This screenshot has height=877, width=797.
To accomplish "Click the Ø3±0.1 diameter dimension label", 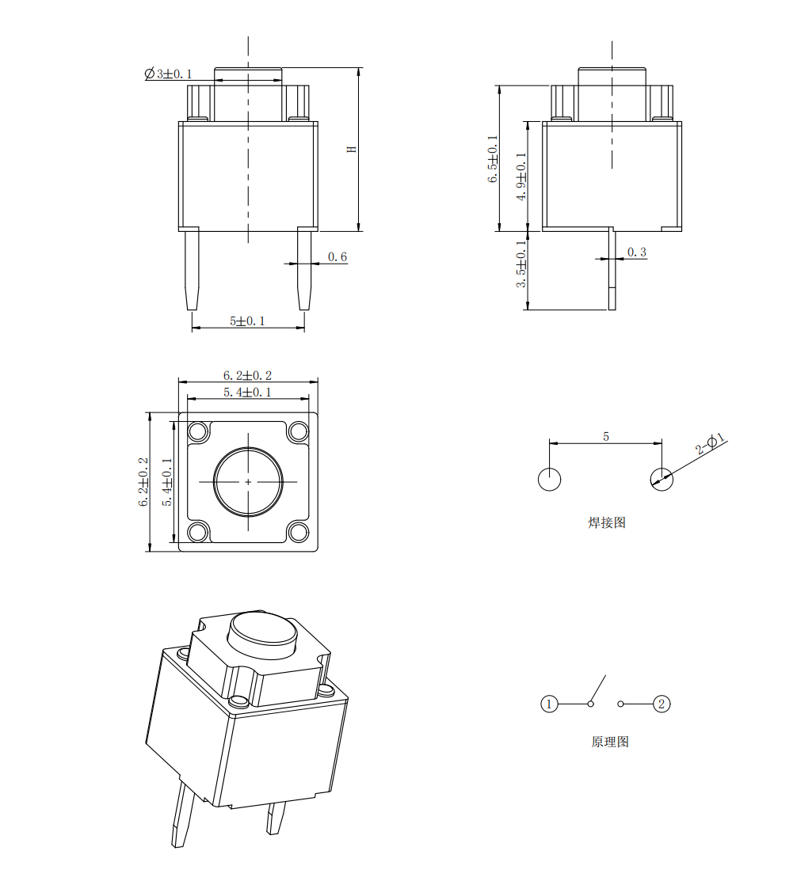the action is pyautogui.click(x=168, y=74).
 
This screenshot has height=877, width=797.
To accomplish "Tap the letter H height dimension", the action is pyautogui.click(x=352, y=150).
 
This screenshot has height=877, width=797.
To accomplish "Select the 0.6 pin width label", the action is pyautogui.click(x=337, y=256).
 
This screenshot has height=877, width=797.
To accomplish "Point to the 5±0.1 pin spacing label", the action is pyautogui.click(x=247, y=321).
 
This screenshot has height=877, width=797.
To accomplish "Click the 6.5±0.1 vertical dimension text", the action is pyautogui.click(x=493, y=159).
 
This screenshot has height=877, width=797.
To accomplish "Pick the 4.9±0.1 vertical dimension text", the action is pyautogui.click(x=521, y=177).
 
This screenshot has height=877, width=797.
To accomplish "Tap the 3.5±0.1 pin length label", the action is pyautogui.click(x=521, y=264).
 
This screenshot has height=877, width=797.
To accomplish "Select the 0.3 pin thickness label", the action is pyautogui.click(x=637, y=252).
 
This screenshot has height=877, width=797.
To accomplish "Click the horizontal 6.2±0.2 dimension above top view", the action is pyautogui.click(x=247, y=375).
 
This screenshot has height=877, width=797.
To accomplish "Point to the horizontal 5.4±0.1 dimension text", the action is pyautogui.click(x=247, y=393).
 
